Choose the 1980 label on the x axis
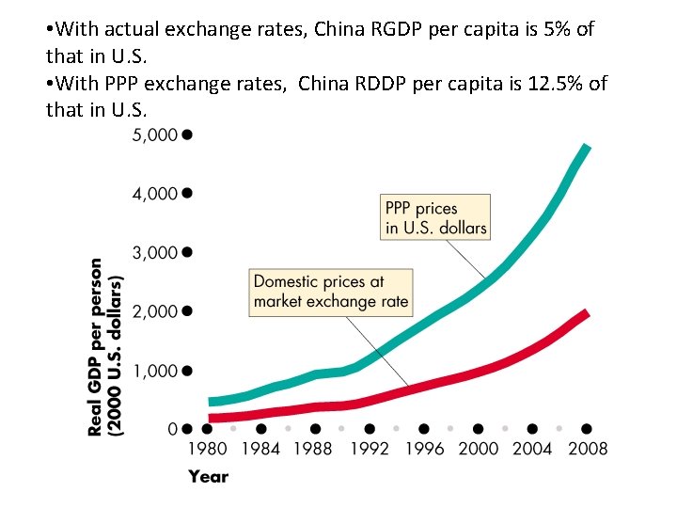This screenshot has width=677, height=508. click(x=207, y=449)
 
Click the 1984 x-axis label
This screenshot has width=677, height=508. click(x=260, y=449)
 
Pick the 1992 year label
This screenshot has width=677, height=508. click(x=370, y=449)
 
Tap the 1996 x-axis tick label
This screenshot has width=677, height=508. click(x=423, y=449)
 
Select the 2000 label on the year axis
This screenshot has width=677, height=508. click(x=478, y=449)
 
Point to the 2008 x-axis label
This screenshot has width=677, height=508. click(x=587, y=449)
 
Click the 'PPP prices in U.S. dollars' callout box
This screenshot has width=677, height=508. click(x=435, y=217)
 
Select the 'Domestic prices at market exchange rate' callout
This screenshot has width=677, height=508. click(x=331, y=292)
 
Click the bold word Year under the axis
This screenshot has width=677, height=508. click(x=208, y=477)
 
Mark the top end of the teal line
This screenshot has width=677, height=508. click(x=586, y=149)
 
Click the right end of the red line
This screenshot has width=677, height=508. click(x=586, y=312)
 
